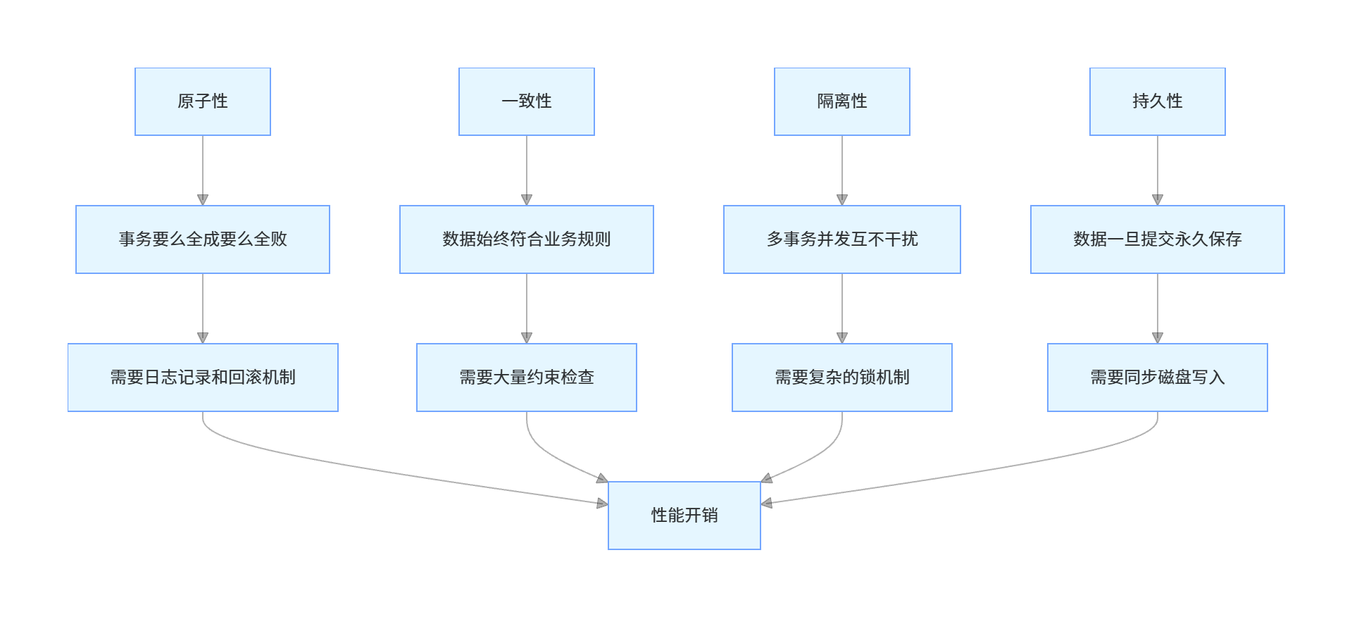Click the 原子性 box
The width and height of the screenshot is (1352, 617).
203,101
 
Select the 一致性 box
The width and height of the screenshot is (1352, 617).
527,101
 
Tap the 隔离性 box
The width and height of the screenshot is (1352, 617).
842,101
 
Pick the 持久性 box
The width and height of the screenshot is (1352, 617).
1158,101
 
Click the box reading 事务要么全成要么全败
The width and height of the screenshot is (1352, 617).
203,239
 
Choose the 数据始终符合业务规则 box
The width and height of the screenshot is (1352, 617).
527,239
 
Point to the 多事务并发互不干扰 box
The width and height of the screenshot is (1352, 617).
842,239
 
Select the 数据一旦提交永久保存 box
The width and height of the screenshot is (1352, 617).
1158,239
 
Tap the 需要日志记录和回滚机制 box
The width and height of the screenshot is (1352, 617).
203,378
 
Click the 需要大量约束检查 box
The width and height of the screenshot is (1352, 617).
527,378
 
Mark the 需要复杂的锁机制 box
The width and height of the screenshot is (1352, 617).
842,378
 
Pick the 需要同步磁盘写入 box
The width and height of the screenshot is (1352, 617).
1158,378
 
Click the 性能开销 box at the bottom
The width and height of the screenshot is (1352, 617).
684,516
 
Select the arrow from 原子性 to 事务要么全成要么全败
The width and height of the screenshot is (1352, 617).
203,169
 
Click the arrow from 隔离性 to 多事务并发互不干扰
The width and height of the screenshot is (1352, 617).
842,169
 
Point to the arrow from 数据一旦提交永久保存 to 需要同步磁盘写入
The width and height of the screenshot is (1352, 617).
1158,307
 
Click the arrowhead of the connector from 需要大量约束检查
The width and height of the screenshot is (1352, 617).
602,479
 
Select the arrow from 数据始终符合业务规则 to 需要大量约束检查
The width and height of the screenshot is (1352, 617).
527,307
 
